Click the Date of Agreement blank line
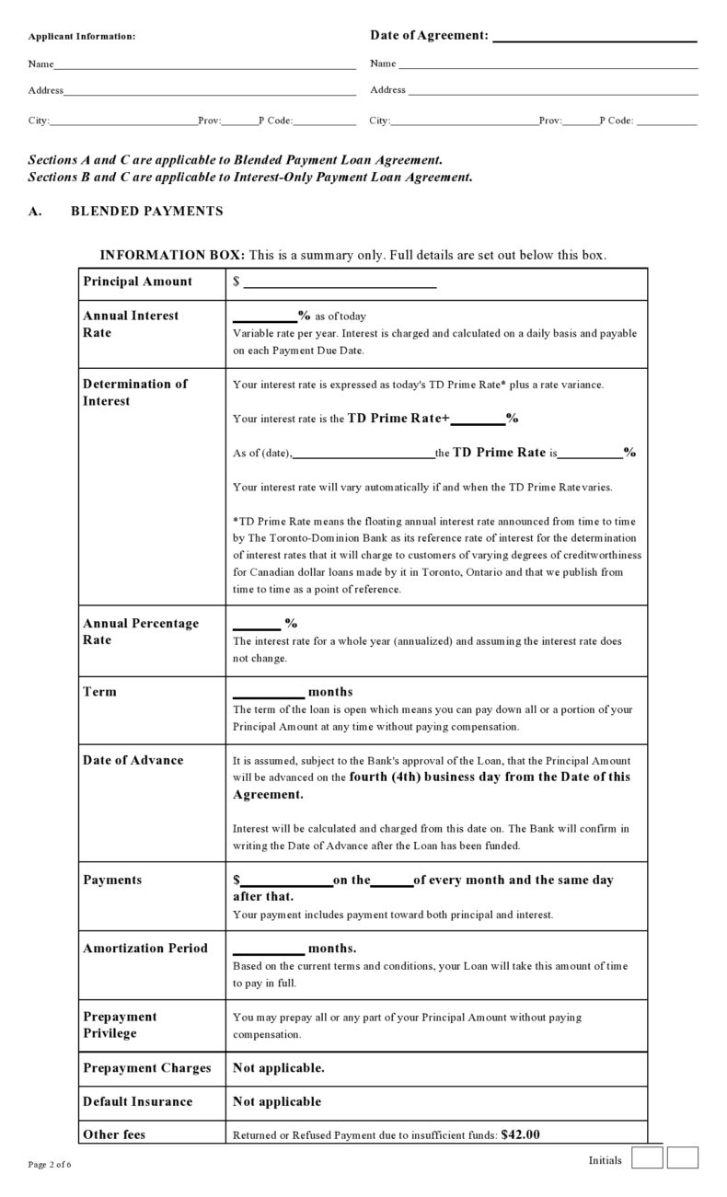coord(594,40)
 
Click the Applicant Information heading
coord(81,36)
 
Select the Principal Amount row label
coord(137,282)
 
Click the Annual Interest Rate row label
coord(131,324)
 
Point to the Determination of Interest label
coord(134,392)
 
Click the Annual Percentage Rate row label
coord(140,631)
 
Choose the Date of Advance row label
coord(133,760)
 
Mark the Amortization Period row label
coord(145,948)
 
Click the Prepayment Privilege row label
coord(120,1025)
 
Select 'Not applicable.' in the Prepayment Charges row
coord(278,1068)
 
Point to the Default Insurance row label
coord(137,1101)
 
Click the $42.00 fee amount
coord(520,1134)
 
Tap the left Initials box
coord(647,1157)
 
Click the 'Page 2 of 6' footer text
coord(50,1165)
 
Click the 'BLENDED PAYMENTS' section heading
coord(146,212)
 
